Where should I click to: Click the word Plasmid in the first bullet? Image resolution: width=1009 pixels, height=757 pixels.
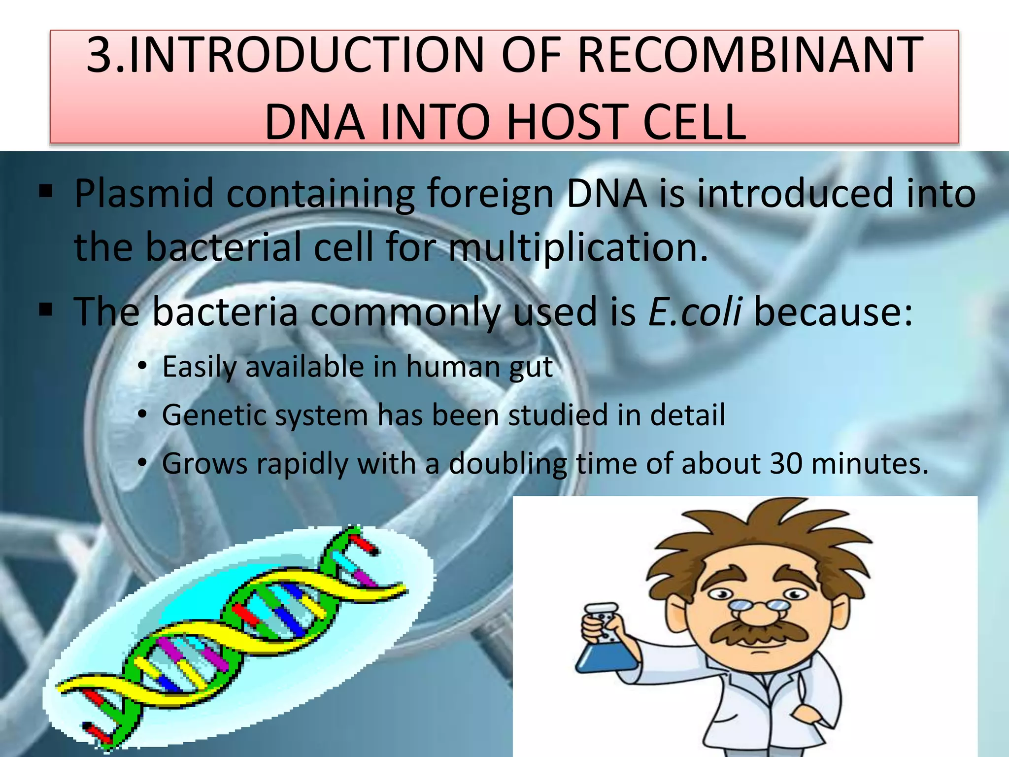[x=144, y=193]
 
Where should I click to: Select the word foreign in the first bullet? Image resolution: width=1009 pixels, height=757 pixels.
[x=490, y=193]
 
